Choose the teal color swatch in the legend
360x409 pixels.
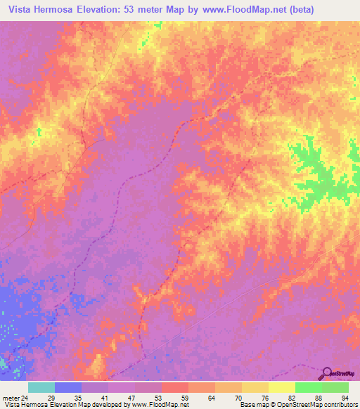(41, 387)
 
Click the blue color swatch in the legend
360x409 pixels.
(68, 387)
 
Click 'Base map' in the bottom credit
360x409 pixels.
(254, 405)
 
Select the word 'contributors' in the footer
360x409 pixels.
(339, 405)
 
